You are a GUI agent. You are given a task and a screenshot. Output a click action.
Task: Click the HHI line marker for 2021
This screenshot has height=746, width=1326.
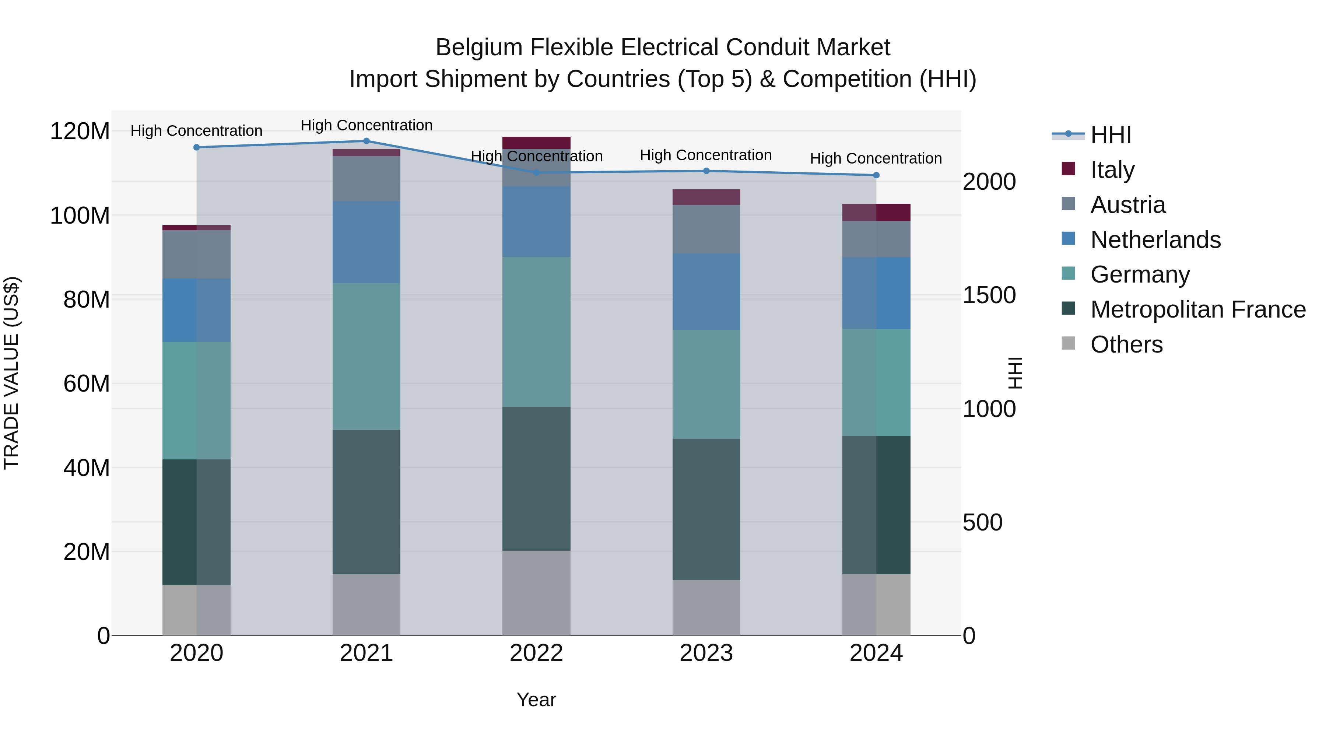(x=366, y=141)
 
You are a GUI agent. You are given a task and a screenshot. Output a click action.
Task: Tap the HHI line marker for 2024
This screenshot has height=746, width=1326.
(x=876, y=175)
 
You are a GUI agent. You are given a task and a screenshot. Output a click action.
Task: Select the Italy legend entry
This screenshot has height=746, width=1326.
(x=1112, y=170)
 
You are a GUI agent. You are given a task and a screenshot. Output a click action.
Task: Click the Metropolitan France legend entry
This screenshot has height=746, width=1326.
(x=1198, y=309)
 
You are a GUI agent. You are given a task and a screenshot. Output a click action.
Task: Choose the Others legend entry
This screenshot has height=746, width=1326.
(x=1126, y=344)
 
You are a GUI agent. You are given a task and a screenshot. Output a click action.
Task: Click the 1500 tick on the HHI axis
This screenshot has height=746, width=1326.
(x=989, y=295)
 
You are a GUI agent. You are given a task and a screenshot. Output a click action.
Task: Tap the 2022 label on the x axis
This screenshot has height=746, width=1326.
(x=536, y=653)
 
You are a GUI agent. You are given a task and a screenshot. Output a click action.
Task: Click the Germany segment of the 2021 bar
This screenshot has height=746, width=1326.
(x=366, y=356)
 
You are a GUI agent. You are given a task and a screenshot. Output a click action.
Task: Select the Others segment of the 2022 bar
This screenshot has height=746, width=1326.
(x=536, y=593)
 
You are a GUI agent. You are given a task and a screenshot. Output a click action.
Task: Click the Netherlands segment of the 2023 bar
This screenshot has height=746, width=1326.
(x=706, y=291)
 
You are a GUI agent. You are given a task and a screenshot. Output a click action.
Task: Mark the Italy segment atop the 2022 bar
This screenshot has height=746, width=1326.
(x=536, y=143)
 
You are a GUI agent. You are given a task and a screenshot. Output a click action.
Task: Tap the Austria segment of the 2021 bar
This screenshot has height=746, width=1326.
(x=366, y=178)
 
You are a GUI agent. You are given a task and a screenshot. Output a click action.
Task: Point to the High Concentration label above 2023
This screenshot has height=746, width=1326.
(x=706, y=155)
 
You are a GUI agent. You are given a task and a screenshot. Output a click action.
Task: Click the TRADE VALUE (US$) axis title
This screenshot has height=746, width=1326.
(x=11, y=373)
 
